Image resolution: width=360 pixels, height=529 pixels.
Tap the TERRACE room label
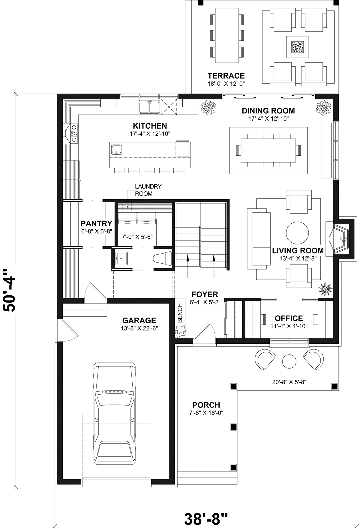point(226,76)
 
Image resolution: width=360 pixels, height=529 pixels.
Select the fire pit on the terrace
point(297,47)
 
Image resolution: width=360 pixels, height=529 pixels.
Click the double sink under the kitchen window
point(149,107)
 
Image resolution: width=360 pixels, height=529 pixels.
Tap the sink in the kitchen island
point(116,149)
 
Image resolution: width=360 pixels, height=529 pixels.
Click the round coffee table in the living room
point(297,233)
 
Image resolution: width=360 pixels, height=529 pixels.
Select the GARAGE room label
point(139,321)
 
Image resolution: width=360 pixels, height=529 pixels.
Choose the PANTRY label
point(96,223)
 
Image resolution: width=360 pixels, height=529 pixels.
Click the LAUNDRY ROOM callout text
point(148,190)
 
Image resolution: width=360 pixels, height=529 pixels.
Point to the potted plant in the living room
point(325,288)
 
